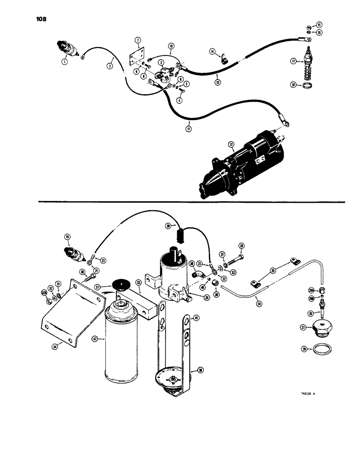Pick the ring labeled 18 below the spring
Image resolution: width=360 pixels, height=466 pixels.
click(321, 86)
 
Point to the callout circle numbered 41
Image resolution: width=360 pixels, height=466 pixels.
click(196, 318)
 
